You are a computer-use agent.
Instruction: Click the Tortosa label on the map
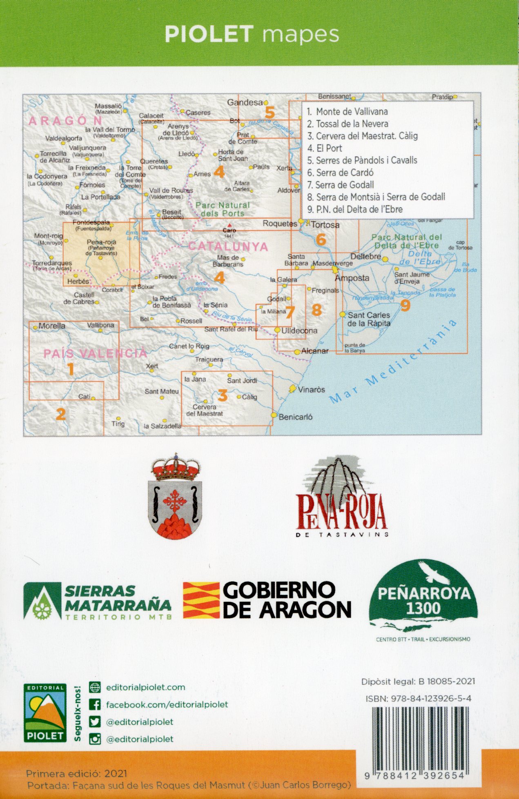(x=325, y=225)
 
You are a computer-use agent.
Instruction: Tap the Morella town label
(x=51, y=326)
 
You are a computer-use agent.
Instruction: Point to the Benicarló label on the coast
(x=295, y=417)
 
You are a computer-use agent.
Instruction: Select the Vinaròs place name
(x=311, y=390)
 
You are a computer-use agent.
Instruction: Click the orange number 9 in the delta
(x=405, y=305)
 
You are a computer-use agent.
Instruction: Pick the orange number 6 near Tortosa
(x=321, y=240)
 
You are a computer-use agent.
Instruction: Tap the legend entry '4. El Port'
(x=325, y=148)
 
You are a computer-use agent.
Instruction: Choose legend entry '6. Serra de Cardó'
(x=340, y=173)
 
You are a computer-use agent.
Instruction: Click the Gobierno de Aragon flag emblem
(x=201, y=600)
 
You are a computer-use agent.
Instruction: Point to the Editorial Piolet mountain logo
(x=45, y=712)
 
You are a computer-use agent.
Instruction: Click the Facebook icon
(x=95, y=705)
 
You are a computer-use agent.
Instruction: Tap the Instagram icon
(x=95, y=739)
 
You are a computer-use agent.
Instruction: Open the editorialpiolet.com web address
(x=145, y=687)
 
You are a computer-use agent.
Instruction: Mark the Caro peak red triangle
(x=230, y=225)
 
